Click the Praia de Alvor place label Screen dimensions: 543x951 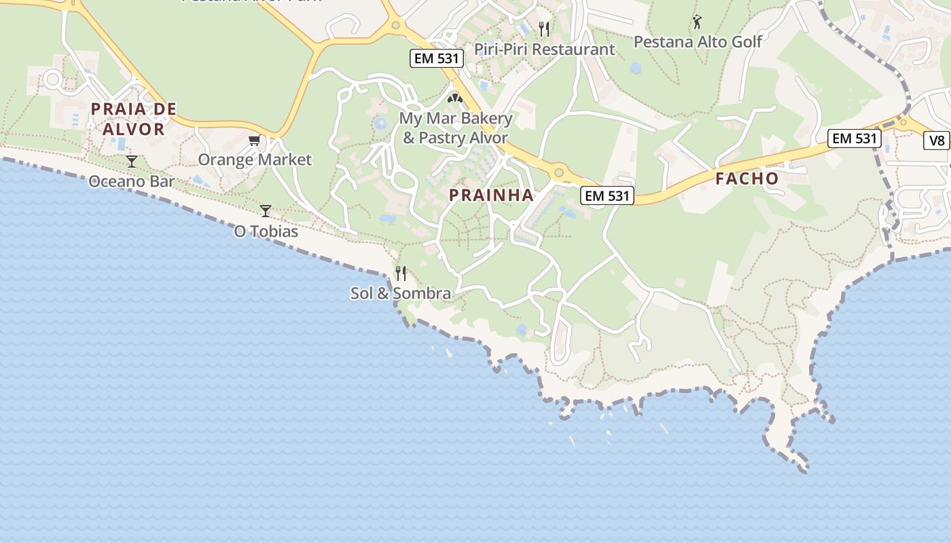(134, 119)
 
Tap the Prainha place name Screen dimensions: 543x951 (491, 195)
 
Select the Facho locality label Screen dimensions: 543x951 (747, 179)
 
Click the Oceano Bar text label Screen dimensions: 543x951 (131, 181)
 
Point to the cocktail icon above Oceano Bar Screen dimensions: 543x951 (132, 162)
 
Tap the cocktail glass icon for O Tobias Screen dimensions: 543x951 (266, 211)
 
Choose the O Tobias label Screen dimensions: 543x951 (266, 231)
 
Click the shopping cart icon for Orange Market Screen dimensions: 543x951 (255, 141)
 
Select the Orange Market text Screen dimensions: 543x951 (255, 160)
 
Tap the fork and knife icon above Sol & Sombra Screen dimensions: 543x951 (401, 274)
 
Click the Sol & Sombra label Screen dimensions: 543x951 (401, 294)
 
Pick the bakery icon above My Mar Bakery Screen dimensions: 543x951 (455, 98)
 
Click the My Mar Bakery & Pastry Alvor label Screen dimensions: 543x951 (455, 128)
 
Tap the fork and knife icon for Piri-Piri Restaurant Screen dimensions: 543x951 (543, 29)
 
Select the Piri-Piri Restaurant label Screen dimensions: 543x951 (544, 50)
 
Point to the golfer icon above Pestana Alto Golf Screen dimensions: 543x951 (697, 22)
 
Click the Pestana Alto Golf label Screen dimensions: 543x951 (698, 42)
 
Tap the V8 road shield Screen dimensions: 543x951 (937, 141)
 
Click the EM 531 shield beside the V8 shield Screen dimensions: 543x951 (855, 138)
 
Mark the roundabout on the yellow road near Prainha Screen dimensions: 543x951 (559, 172)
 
